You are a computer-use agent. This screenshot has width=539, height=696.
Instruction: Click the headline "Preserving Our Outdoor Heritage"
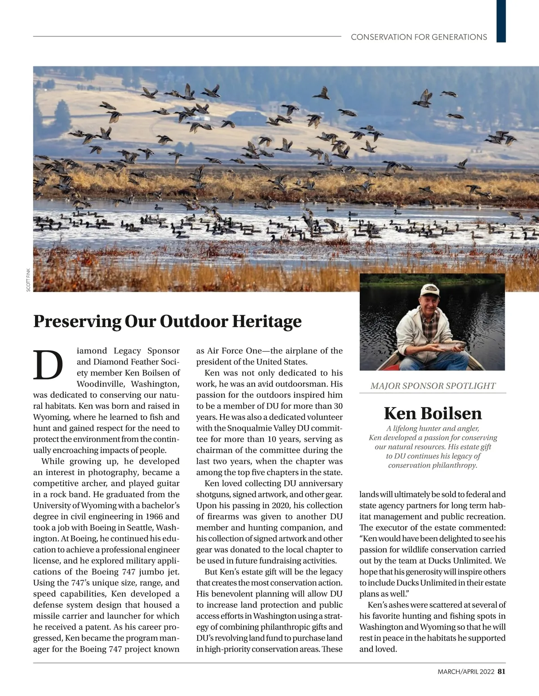167,322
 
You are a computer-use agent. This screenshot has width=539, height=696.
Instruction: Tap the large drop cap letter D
48,364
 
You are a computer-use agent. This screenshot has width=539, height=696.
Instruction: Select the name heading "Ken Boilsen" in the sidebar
433,413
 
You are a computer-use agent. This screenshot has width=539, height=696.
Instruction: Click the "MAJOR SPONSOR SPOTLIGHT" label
433,386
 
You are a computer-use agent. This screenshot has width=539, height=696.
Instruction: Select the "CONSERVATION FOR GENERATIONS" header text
419,37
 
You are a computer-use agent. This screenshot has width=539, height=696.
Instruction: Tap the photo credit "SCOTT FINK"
28,280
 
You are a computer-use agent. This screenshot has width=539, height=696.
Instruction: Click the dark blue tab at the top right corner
501,21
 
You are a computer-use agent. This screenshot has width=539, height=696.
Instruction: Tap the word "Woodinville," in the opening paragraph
102,384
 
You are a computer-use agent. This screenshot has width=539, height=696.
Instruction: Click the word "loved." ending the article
385,649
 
